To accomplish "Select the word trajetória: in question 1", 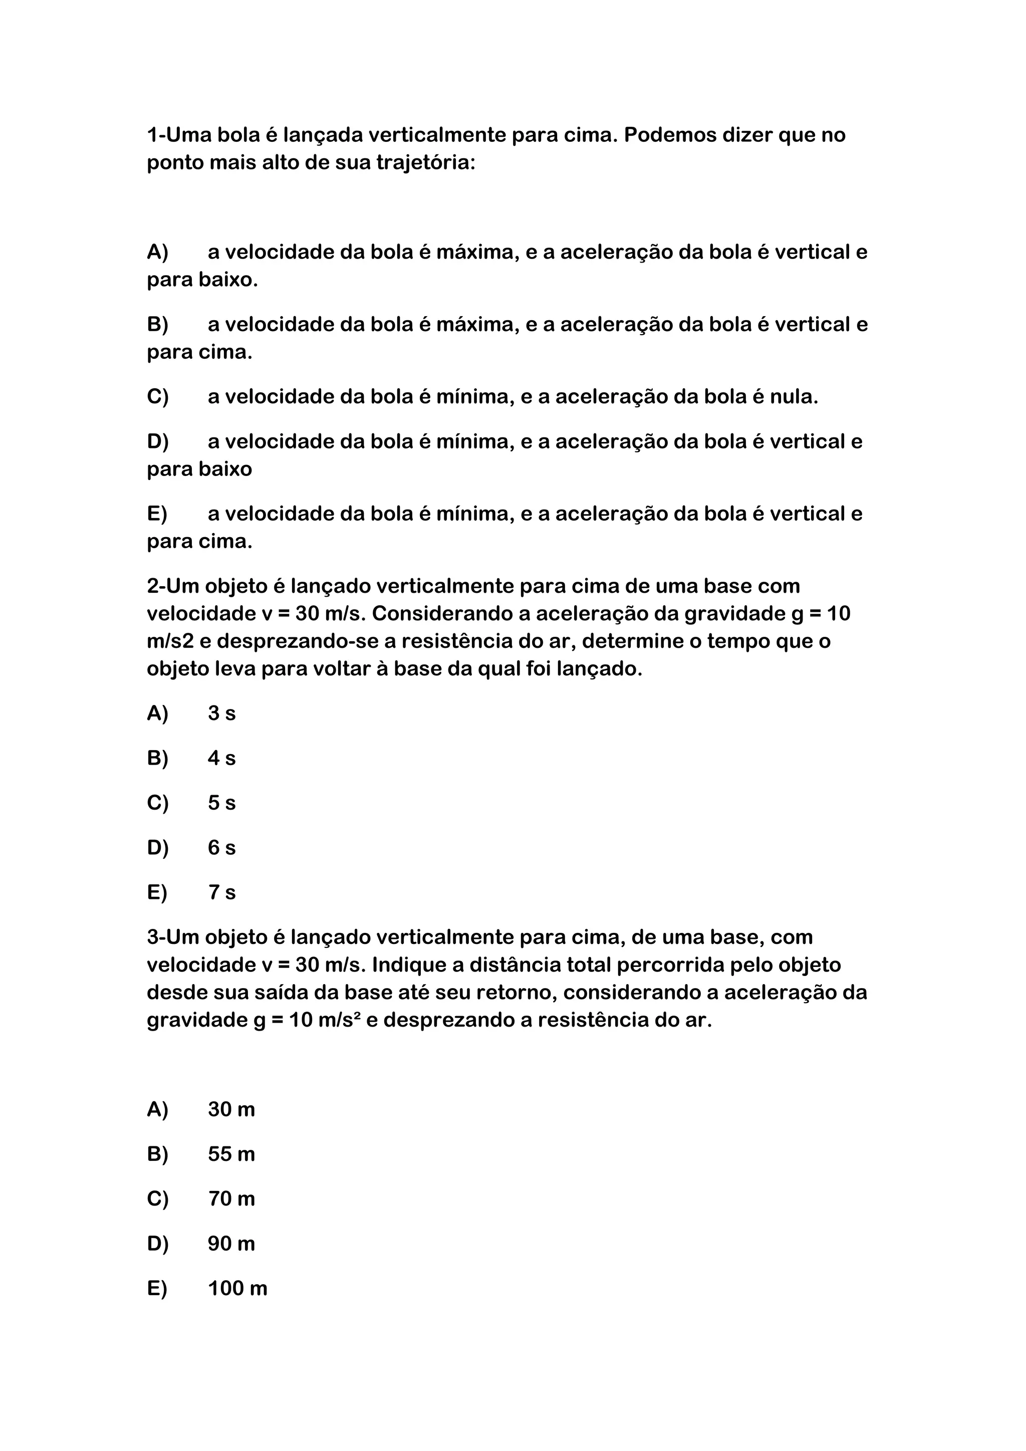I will [x=425, y=163].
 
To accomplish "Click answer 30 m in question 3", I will [x=231, y=1109].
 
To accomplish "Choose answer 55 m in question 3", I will [x=231, y=1154].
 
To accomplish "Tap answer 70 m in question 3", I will [x=231, y=1199].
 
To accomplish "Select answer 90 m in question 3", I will [x=231, y=1244].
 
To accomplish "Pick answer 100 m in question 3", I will [x=237, y=1289].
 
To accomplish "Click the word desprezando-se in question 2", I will [x=298, y=641].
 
